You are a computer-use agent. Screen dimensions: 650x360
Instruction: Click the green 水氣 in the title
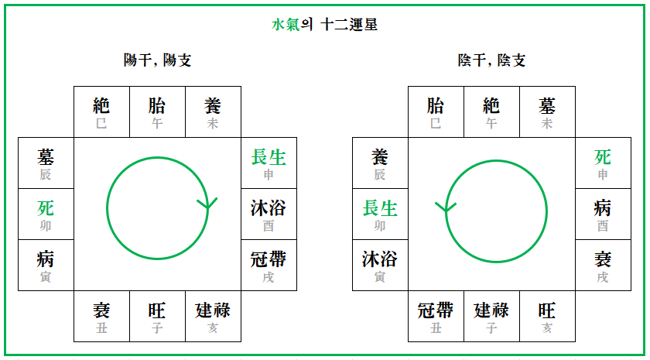[x=286, y=25]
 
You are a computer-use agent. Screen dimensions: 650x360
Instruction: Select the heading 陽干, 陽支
[x=158, y=60]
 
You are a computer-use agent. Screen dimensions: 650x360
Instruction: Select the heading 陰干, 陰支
[x=491, y=60]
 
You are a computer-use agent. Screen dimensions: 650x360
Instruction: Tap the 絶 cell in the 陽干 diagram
[x=101, y=111]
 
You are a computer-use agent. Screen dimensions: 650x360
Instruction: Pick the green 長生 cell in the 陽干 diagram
[x=269, y=163]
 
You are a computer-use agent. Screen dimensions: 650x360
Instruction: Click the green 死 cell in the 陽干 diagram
[x=46, y=214]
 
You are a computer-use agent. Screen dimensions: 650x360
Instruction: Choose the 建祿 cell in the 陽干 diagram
[x=213, y=316]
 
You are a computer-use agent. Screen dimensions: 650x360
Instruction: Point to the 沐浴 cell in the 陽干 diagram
[x=269, y=214]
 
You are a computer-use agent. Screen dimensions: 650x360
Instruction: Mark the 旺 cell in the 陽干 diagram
[x=157, y=316]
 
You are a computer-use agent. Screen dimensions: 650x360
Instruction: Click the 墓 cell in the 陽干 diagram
[x=46, y=163]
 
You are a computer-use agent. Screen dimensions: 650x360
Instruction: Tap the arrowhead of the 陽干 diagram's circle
[x=207, y=204]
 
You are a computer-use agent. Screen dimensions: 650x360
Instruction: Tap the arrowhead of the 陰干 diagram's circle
[x=443, y=207]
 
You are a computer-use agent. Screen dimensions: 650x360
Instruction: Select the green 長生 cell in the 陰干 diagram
[x=380, y=214]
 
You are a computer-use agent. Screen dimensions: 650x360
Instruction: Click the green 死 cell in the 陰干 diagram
[x=603, y=163]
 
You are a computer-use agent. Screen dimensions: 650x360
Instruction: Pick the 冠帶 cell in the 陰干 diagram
[x=436, y=316]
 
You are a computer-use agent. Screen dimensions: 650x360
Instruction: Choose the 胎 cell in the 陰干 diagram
[x=436, y=111]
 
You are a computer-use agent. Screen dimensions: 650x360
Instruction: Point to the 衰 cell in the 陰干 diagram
[x=603, y=265]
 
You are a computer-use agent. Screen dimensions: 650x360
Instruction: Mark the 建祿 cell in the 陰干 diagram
[x=491, y=316]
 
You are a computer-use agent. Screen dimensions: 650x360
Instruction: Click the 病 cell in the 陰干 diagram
[x=603, y=214]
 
